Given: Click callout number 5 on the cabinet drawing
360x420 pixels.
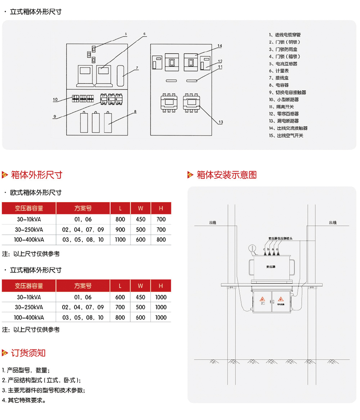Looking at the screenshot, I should coord(126,34).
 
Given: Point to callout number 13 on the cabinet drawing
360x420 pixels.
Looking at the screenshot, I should coord(221,122).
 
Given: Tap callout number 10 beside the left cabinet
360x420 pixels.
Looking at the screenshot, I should coord(55,100).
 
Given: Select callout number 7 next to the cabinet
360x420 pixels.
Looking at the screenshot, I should coord(137,68).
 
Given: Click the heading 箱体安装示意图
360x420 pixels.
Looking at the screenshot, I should coord(226,175).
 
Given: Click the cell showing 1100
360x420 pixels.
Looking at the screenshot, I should coord(120,239).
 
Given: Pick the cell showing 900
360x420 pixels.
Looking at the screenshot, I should coord(120,229).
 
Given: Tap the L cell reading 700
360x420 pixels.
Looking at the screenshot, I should coord(120,307).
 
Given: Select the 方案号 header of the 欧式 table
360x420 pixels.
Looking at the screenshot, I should coord(83,208).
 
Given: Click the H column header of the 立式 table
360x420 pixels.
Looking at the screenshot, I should coord(161,286).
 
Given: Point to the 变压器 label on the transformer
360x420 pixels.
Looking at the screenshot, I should coord(270,267).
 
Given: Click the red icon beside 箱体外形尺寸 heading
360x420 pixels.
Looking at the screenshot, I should coord(5,175).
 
